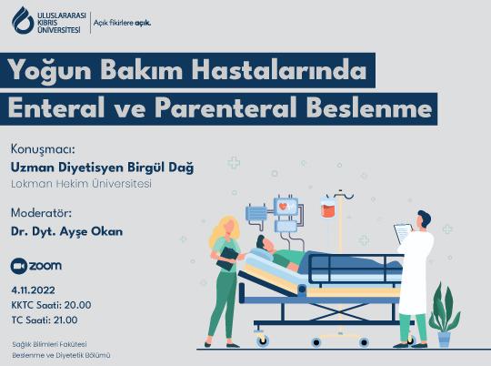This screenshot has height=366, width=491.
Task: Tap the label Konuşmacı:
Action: point(42,148)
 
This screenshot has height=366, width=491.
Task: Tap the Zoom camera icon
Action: point(18,265)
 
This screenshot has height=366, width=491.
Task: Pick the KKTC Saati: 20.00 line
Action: point(51,304)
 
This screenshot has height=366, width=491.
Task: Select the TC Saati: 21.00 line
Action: point(45,320)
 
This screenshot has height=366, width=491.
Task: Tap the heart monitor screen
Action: point(287,208)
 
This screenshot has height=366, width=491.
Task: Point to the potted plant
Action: point(443,315)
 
